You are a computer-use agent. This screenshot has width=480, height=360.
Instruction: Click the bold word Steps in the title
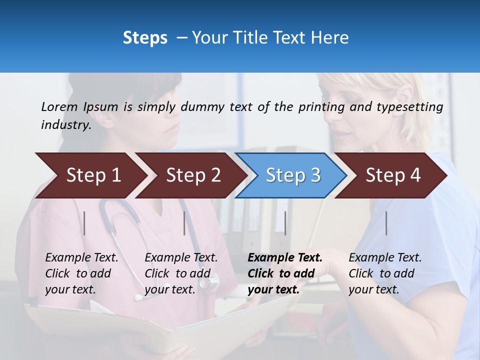[x=145, y=38]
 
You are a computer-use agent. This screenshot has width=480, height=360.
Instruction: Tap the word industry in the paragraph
[x=65, y=125]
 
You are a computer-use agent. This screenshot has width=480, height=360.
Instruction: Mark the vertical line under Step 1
[x=84, y=223]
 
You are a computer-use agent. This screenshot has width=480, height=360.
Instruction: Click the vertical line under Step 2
[x=184, y=223]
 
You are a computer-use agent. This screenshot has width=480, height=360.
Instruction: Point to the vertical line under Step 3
[x=285, y=223]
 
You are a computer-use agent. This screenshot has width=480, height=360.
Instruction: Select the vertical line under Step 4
[x=386, y=223]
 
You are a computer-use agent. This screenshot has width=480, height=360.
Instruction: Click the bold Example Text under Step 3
[x=285, y=258]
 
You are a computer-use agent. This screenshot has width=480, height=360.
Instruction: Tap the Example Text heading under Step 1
[x=81, y=258]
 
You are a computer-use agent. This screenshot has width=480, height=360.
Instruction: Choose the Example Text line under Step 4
[x=385, y=258]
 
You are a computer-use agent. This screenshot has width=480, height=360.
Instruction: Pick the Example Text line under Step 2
[x=181, y=258]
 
